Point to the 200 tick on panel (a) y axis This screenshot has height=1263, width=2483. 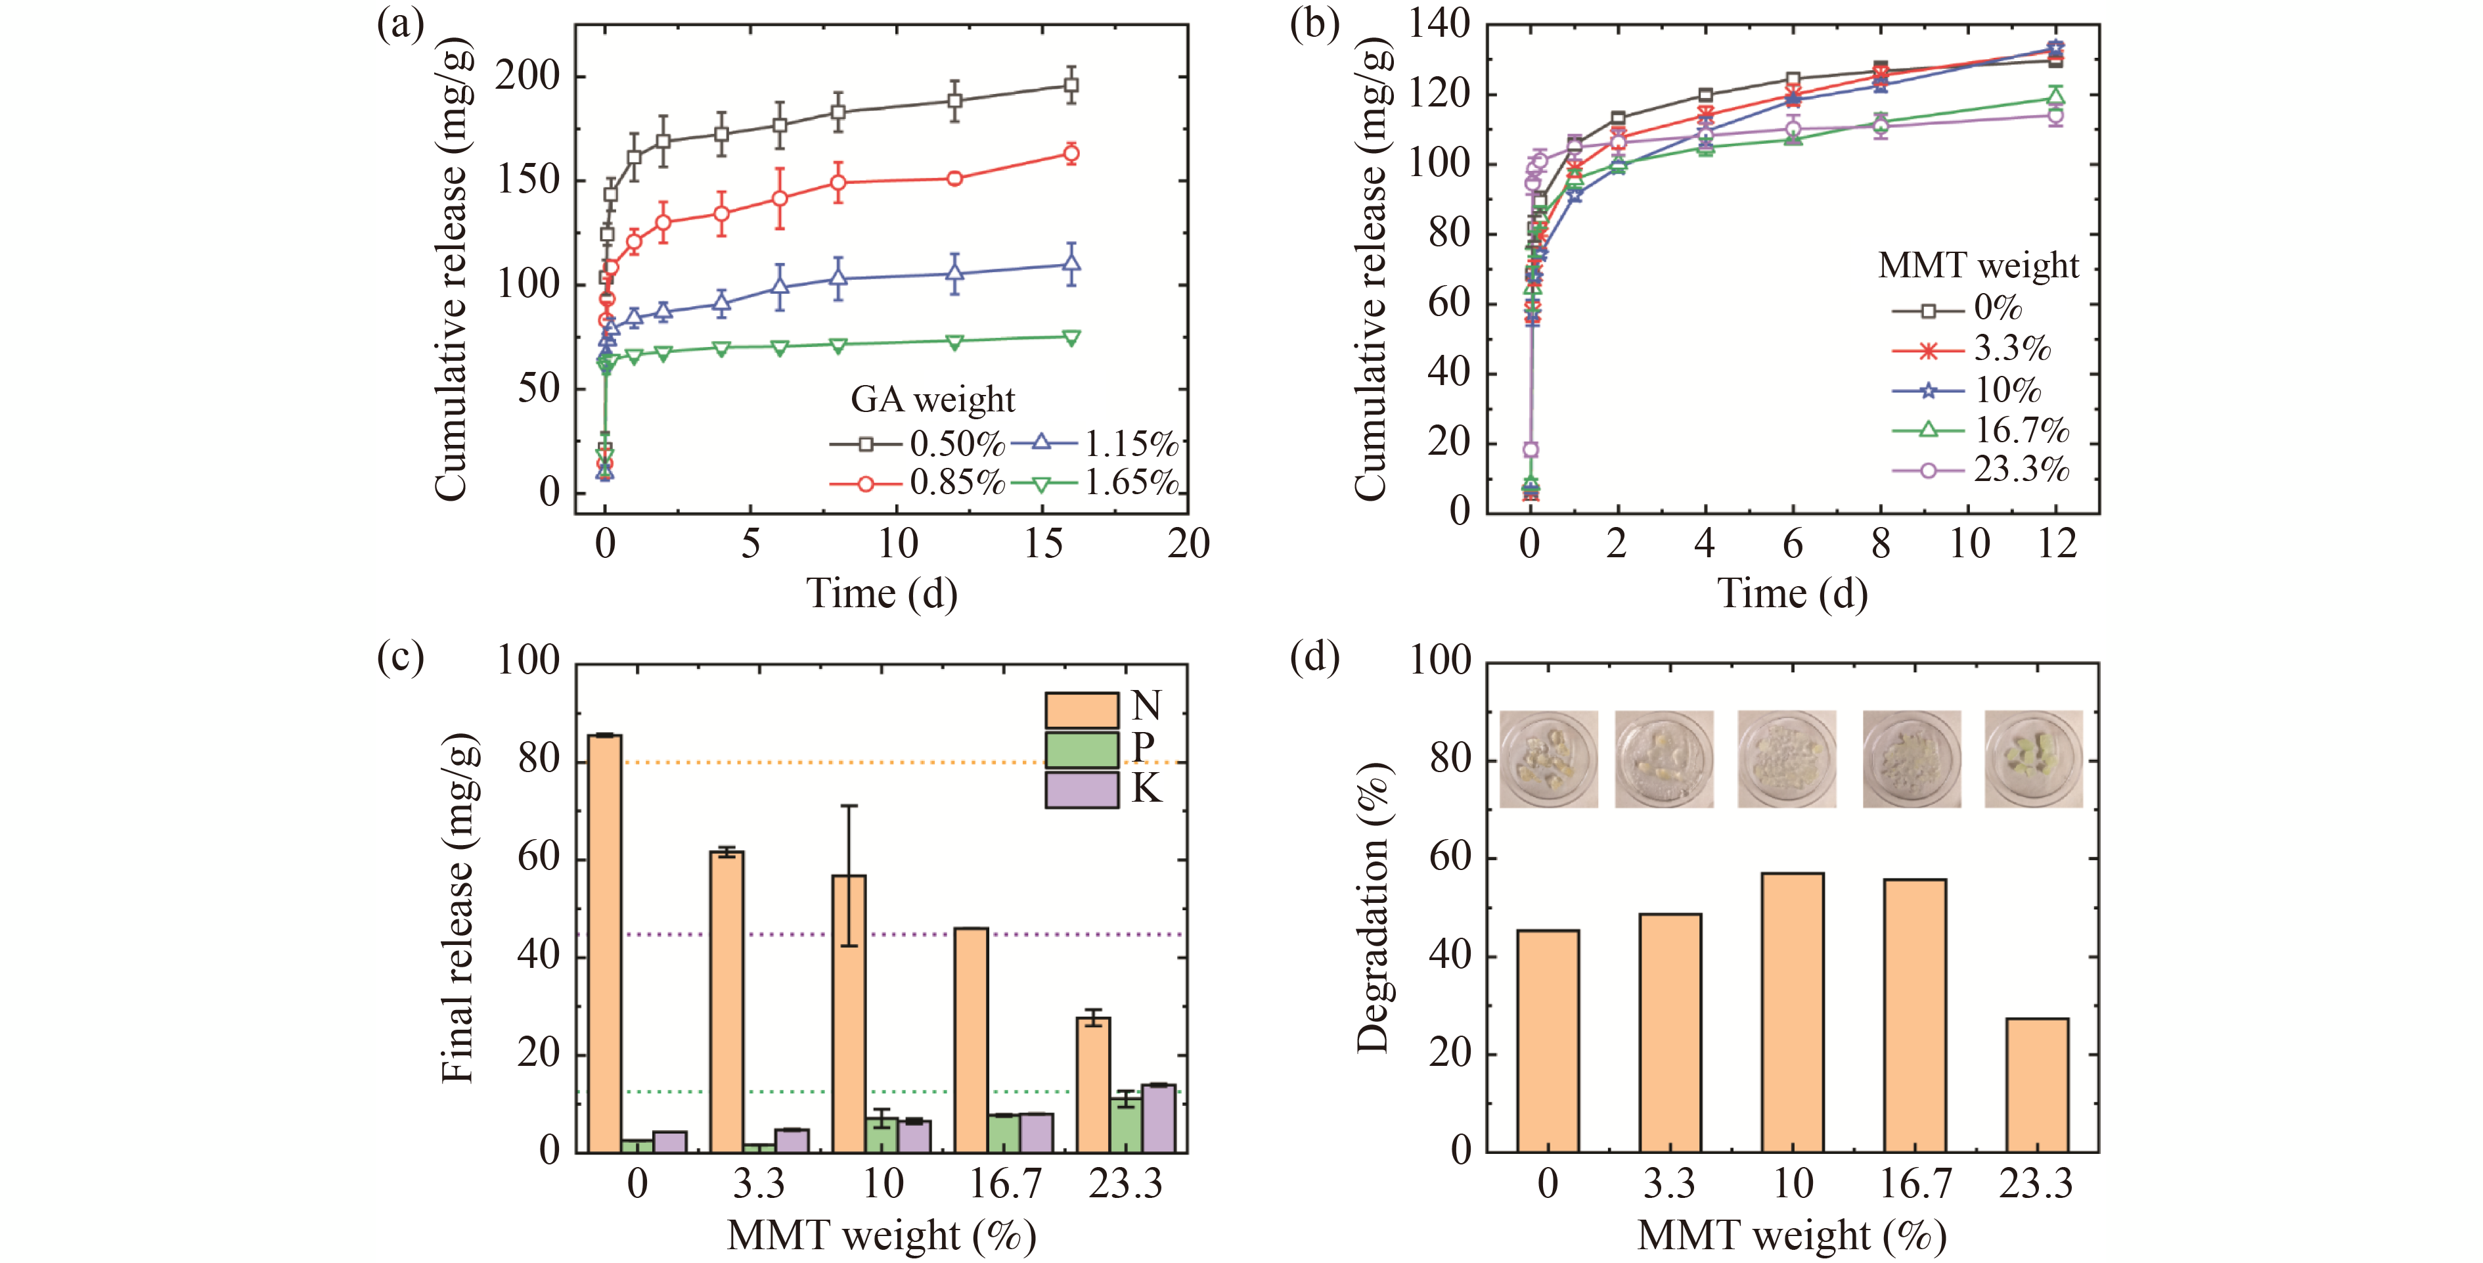click(x=527, y=76)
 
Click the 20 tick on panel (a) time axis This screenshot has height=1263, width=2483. click(x=1188, y=545)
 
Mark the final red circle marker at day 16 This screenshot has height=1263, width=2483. click(x=1071, y=153)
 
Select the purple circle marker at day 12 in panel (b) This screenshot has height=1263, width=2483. click(x=2055, y=116)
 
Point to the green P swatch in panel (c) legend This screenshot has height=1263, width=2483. click(x=1081, y=750)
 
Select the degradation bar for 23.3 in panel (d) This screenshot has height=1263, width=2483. click(x=2037, y=1085)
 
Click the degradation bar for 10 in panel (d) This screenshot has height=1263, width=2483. click(x=1792, y=1013)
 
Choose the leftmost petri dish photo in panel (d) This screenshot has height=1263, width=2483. click(x=1548, y=759)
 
